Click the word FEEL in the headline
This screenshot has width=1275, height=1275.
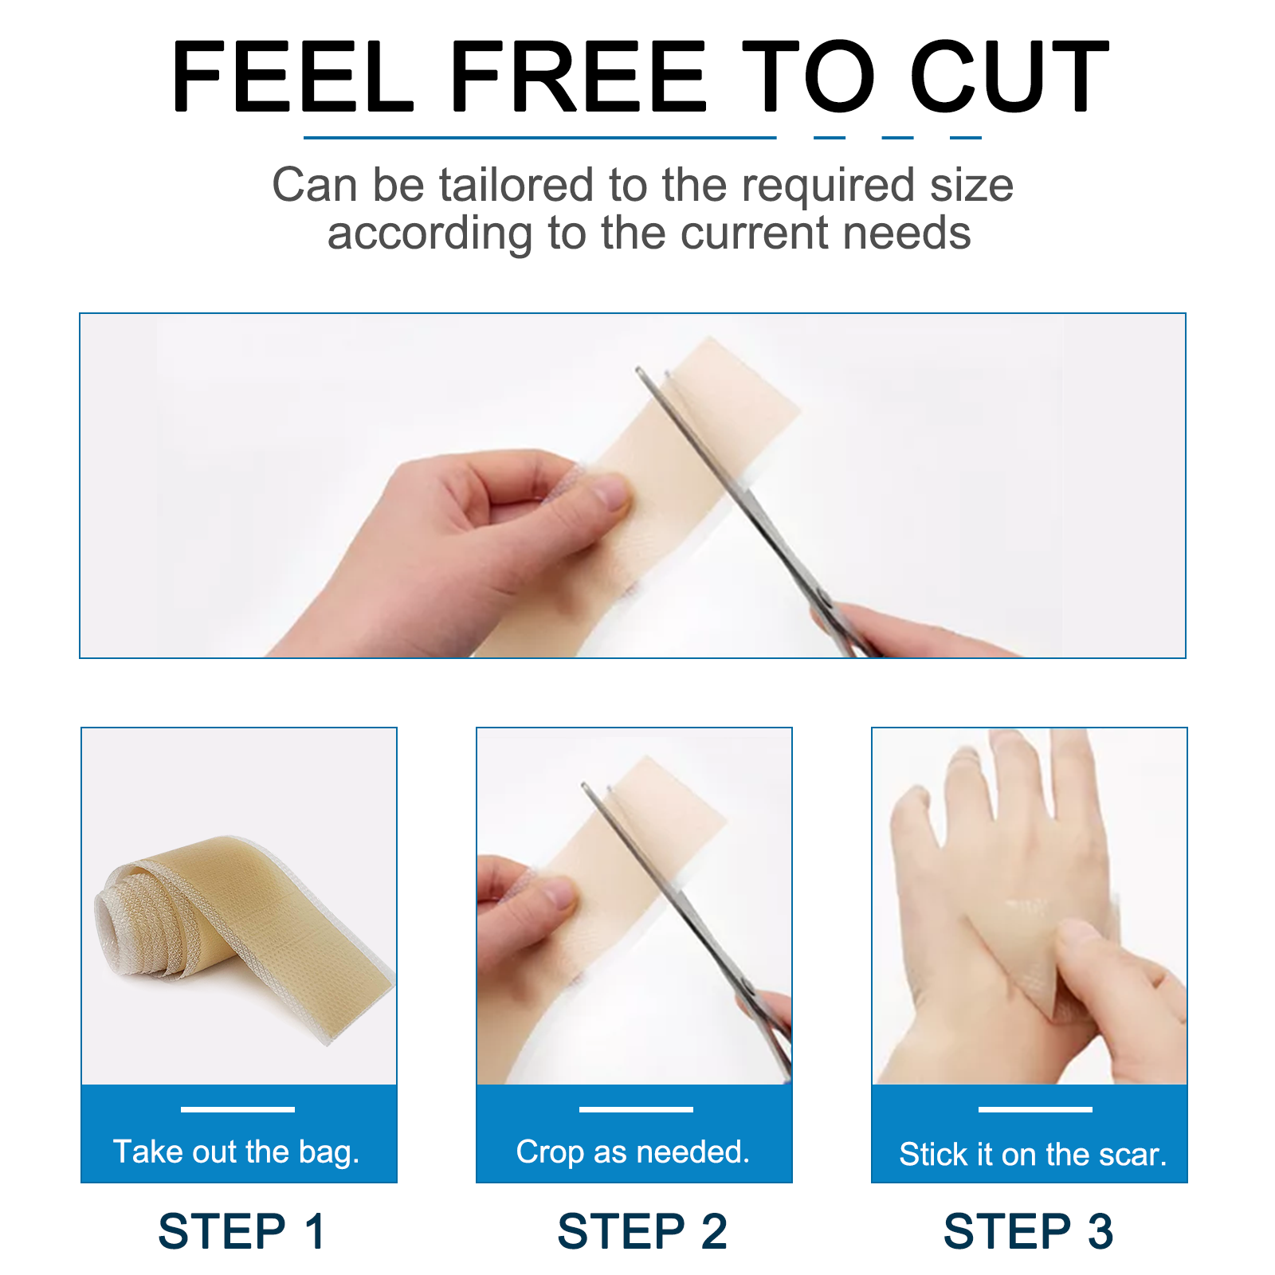[292, 76]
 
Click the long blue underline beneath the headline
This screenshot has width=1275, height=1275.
[539, 138]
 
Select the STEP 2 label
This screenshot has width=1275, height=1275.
[642, 1231]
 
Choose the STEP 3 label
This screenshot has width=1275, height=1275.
[1028, 1231]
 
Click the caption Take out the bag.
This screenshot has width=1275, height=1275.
[237, 1152]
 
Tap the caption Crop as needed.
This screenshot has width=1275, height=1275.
[633, 1152]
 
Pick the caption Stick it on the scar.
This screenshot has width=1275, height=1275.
[1033, 1154]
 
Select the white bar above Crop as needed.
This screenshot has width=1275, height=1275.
[636, 1109]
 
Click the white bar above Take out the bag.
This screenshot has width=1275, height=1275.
[237, 1109]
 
